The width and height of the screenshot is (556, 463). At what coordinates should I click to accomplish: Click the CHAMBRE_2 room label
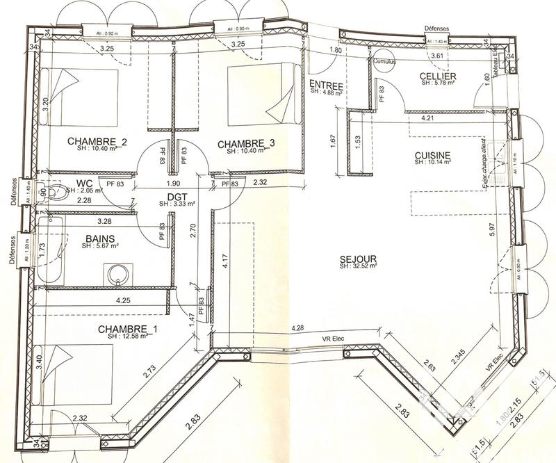pyautogui.click(x=97, y=142)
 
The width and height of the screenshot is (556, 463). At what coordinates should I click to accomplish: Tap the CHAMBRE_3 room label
pyautogui.click(x=246, y=144)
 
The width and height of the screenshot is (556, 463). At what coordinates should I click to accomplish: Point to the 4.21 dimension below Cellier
pyautogui.click(x=426, y=119)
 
